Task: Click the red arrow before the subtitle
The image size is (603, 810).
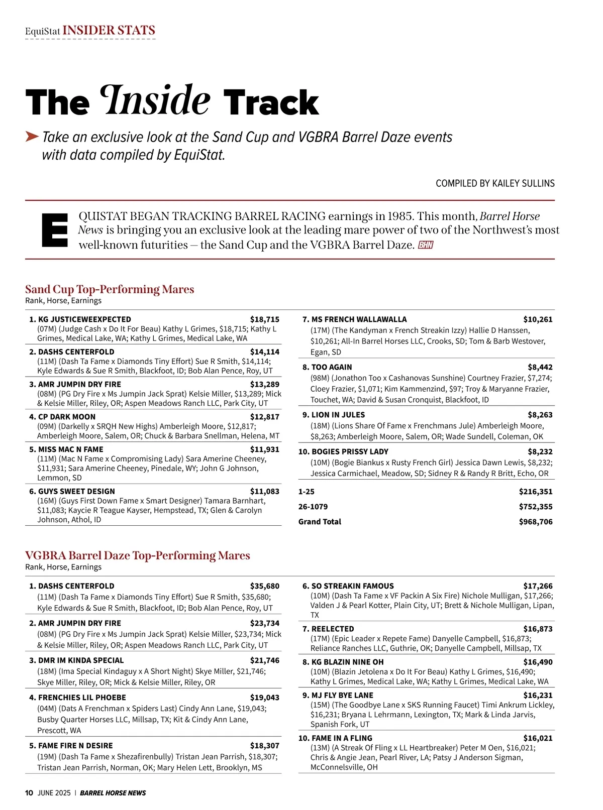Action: point(32,137)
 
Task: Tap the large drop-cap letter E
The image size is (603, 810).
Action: point(54,230)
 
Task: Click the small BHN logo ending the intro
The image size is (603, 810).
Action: point(425,245)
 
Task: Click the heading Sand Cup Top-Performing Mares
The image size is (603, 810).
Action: point(110,289)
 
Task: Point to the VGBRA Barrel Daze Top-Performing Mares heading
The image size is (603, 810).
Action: point(138,555)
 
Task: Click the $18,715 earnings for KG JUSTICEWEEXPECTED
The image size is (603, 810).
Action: point(264,319)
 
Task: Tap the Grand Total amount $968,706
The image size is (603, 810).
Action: point(536,522)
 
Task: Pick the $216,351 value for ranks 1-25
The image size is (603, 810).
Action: point(536,492)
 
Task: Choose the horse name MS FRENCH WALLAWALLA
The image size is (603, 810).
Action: point(359,319)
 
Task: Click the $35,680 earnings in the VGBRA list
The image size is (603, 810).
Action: point(264,586)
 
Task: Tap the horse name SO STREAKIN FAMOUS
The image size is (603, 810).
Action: point(352,586)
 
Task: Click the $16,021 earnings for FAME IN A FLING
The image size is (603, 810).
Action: point(538,738)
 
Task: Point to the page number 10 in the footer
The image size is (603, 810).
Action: point(29,793)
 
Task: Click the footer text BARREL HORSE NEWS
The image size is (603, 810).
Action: point(113,793)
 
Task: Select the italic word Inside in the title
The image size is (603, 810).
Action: point(155,100)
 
